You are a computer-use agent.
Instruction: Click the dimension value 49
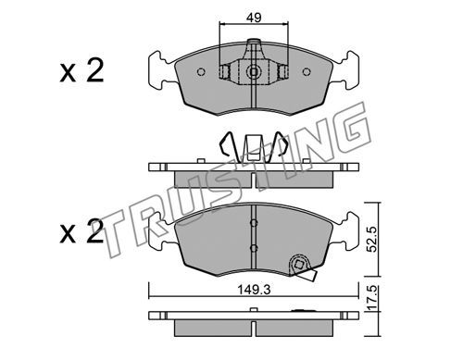click(254, 18)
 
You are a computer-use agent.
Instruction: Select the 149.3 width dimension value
click(254, 290)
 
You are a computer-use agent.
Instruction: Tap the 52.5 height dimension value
click(373, 239)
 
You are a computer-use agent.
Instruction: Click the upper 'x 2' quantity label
click(81, 70)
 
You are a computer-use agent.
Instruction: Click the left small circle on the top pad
click(201, 72)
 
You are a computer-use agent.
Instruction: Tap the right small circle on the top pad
click(307, 72)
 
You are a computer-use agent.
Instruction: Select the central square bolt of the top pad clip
click(254, 72)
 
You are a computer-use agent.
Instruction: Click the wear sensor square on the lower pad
click(298, 265)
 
